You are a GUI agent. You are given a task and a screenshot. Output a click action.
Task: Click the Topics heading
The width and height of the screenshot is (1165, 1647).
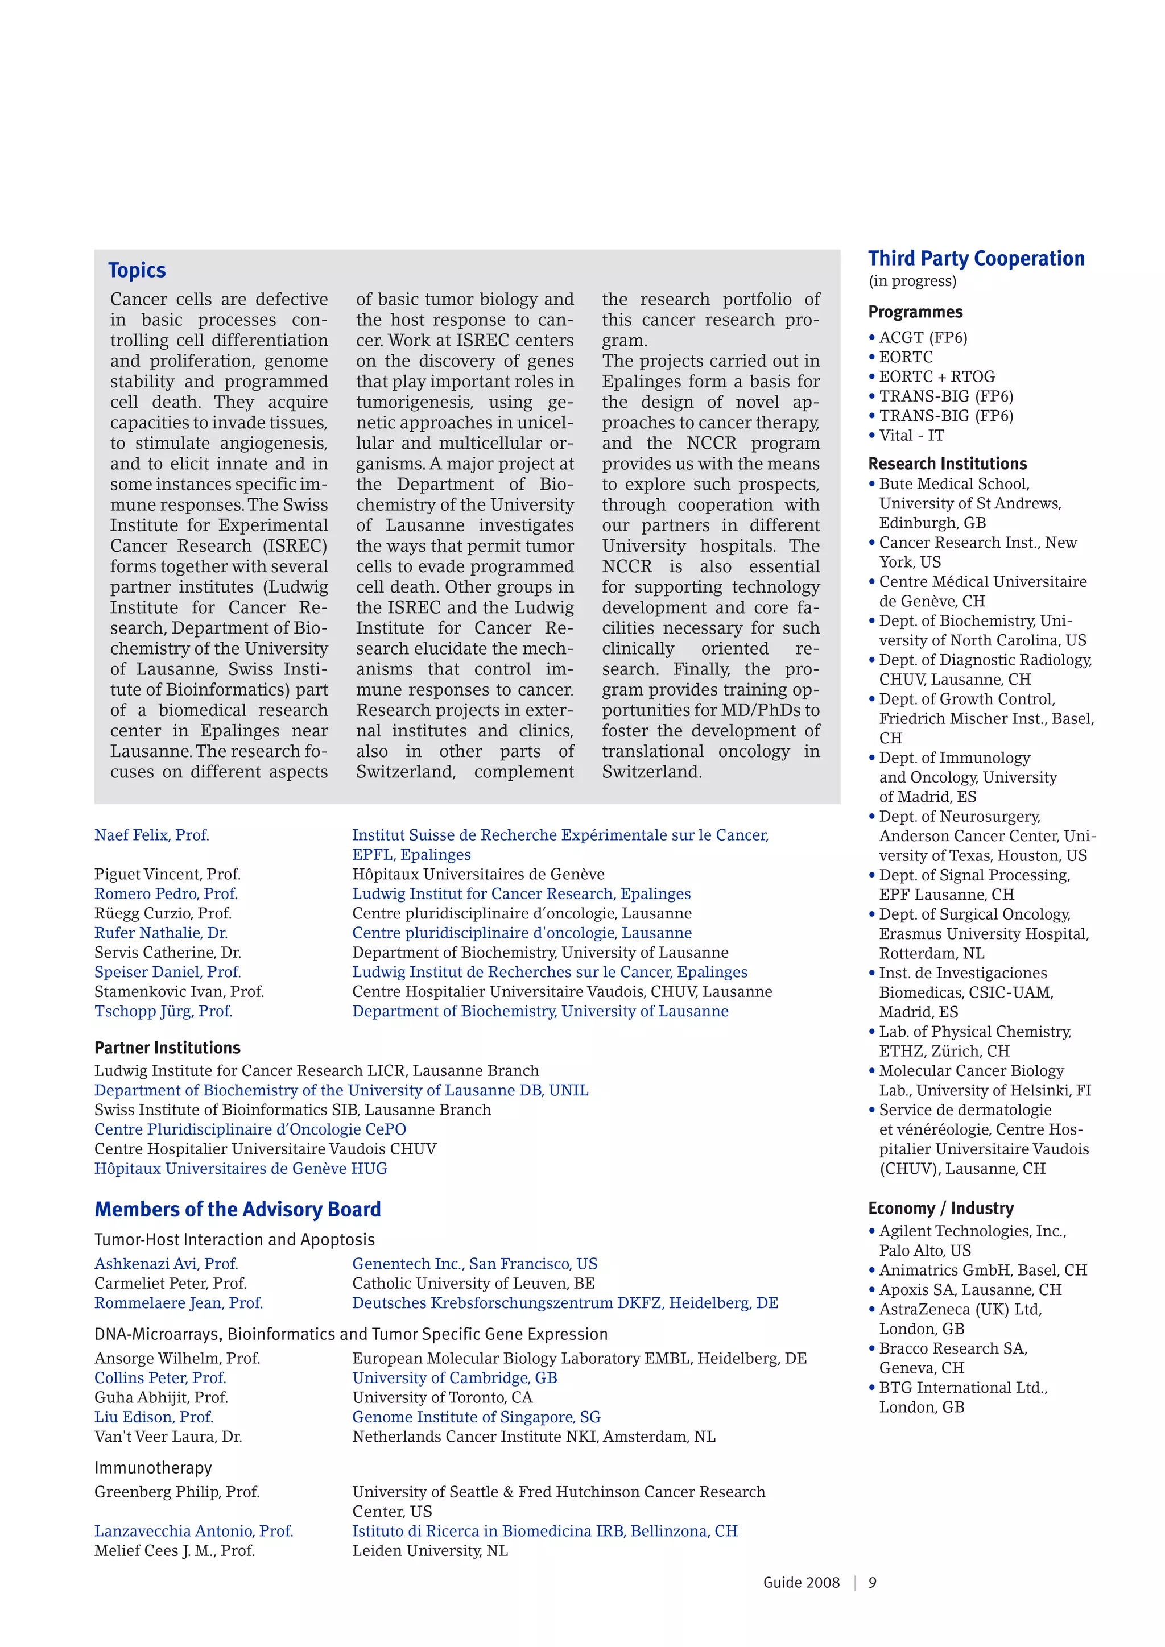137,271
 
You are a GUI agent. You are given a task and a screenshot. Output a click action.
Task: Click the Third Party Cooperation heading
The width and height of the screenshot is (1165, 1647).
976,259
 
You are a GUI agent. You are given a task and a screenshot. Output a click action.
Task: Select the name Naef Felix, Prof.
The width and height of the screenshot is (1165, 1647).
151,835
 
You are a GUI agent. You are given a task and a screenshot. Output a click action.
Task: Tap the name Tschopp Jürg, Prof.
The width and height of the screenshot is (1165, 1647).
164,1011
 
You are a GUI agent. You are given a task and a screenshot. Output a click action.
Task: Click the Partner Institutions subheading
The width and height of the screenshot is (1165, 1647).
167,1048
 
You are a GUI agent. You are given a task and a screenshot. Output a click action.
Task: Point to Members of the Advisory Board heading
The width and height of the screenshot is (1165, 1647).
237,1210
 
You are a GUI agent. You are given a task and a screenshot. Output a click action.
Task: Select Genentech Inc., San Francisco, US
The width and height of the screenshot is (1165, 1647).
474,1264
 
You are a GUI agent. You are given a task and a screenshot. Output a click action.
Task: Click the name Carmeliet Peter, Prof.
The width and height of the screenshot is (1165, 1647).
170,1284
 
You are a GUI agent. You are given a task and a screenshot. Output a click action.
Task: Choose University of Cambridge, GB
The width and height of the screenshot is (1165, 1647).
454,1378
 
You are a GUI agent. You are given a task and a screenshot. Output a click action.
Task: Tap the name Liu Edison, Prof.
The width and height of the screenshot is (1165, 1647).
154,1417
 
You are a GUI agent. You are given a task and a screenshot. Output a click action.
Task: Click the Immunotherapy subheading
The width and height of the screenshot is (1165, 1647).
153,1468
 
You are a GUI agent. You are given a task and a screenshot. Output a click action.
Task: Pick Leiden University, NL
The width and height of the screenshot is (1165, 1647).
429,1551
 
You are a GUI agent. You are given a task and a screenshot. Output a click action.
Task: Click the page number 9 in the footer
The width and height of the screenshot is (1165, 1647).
872,1582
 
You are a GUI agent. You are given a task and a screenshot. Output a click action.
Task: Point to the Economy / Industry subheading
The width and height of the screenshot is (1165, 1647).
940,1209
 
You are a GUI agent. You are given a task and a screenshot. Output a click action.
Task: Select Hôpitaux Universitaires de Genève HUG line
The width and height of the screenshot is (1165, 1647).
240,1169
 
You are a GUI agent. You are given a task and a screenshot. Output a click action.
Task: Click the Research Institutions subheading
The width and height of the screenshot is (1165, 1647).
947,464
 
